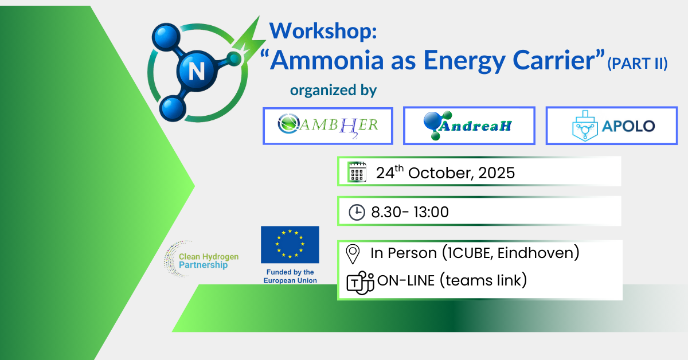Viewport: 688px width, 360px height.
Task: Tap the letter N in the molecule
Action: pyautogui.click(x=197, y=71)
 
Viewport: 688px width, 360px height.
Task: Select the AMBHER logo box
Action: pyautogui.click(x=328, y=126)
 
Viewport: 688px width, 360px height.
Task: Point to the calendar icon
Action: pyautogui.click(x=357, y=172)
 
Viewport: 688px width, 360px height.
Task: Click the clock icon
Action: pyautogui.click(x=357, y=212)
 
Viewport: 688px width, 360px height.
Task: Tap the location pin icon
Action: pyautogui.click(x=353, y=254)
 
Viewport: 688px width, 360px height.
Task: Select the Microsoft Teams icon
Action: pyautogui.click(x=360, y=283)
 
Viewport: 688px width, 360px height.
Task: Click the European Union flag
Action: pyautogui.click(x=290, y=245)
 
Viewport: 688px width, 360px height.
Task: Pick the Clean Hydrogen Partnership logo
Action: pyautogui.click(x=201, y=259)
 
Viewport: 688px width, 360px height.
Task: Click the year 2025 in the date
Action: pyautogui.click(x=497, y=173)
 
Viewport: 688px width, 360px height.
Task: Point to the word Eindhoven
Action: pyautogui.click(x=538, y=253)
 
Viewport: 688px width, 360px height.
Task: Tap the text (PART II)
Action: pyautogui.click(x=638, y=64)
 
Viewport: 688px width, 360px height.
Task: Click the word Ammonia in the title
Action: pyautogui.click(x=327, y=60)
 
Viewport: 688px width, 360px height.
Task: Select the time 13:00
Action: pyautogui.click(x=431, y=212)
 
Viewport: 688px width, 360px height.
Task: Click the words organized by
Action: pyautogui.click(x=333, y=91)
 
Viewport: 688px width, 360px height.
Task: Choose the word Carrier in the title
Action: pyautogui.click(x=555, y=60)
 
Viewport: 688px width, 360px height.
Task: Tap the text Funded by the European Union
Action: pyautogui.click(x=290, y=276)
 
